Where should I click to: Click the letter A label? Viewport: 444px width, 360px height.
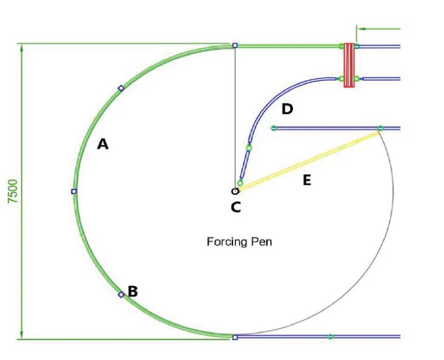(x=103, y=144)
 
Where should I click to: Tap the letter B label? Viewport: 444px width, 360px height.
(x=133, y=291)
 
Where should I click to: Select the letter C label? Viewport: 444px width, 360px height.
(x=236, y=207)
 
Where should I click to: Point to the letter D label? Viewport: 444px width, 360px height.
(x=288, y=109)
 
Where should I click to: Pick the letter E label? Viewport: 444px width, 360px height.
(x=307, y=180)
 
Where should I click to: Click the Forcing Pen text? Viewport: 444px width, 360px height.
(x=240, y=242)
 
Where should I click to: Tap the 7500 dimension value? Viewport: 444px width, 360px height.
(x=13, y=191)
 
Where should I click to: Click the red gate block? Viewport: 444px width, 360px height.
(x=349, y=65)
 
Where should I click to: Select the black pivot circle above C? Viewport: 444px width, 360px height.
(x=235, y=191)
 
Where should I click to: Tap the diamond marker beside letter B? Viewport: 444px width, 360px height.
(x=121, y=295)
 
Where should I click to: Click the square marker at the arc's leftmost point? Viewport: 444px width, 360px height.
(x=74, y=192)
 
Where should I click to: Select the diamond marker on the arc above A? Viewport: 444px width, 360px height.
(x=121, y=89)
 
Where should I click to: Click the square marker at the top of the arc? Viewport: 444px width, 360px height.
(x=235, y=45)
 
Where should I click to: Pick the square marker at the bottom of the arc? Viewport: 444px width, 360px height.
(x=235, y=337)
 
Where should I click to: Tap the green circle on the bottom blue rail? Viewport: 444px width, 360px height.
(x=330, y=336)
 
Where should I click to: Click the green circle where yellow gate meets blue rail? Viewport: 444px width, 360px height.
(x=380, y=128)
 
